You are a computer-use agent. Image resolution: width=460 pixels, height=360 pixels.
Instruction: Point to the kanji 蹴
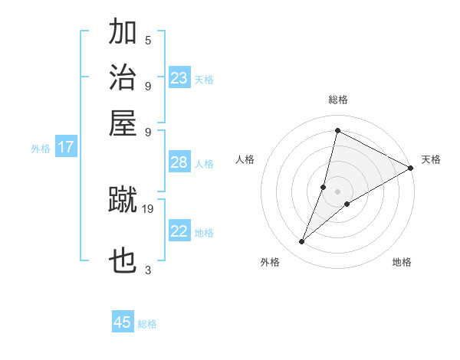click(x=123, y=201)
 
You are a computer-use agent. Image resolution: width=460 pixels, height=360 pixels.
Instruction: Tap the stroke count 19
click(x=148, y=208)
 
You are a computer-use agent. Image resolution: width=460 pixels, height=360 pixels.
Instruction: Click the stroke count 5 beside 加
click(x=148, y=40)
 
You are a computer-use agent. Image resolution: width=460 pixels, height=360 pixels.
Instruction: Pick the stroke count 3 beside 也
click(x=148, y=269)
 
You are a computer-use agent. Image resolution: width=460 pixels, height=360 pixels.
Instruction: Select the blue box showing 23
click(x=179, y=78)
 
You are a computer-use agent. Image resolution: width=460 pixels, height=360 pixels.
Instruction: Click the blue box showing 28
click(x=179, y=162)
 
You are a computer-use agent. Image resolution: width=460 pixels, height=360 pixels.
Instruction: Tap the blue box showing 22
click(x=179, y=232)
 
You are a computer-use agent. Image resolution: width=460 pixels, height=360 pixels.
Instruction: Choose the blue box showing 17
click(x=66, y=148)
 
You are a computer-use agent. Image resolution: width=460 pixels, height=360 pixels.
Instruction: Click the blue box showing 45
click(x=123, y=322)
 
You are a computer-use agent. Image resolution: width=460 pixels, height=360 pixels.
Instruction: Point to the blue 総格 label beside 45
click(x=148, y=324)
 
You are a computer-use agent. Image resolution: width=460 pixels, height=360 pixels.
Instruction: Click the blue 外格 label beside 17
click(x=41, y=149)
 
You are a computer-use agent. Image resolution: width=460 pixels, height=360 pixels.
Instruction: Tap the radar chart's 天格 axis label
click(x=431, y=159)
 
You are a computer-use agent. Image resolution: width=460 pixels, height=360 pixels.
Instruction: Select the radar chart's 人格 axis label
click(x=245, y=159)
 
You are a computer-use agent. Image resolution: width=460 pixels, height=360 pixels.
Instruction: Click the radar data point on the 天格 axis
click(x=410, y=168)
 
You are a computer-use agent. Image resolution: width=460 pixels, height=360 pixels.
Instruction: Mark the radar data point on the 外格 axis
click(x=302, y=242)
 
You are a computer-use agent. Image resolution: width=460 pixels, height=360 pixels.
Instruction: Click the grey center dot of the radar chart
click(x=337, y=191)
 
